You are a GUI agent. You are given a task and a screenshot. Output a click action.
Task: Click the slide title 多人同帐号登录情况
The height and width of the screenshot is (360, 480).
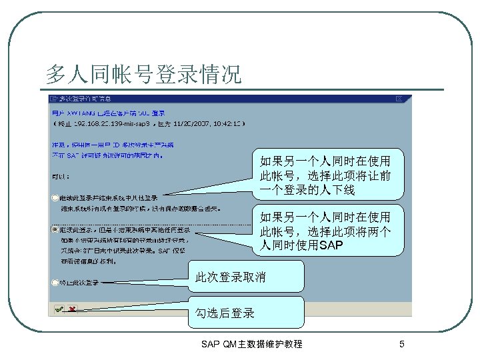143,74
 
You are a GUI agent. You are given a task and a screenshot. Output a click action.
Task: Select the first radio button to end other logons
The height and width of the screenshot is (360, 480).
55,198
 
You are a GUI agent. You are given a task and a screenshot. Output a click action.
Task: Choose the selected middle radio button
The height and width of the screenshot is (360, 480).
55,229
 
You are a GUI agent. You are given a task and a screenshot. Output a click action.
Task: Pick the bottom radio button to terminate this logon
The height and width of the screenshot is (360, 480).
55,282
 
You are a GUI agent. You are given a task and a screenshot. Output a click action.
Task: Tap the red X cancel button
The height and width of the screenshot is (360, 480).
71,309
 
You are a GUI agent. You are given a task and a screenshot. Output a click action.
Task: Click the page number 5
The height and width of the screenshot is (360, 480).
401,344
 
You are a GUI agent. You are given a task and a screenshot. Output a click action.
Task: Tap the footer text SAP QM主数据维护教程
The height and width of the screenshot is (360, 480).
251,344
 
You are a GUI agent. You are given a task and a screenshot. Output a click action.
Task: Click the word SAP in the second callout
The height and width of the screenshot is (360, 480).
332,246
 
